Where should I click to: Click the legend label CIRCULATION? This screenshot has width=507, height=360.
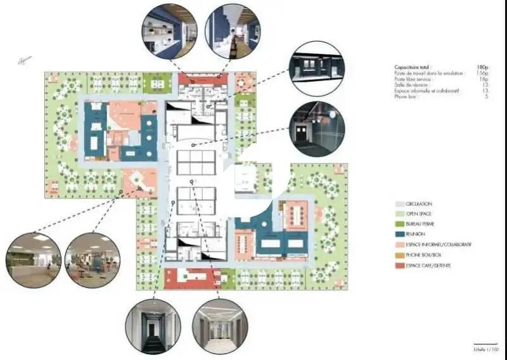(x=420, y=204)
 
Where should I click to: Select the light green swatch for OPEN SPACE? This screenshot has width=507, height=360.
(x=399, y=214)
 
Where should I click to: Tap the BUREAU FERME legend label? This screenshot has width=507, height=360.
(x=421, y=224)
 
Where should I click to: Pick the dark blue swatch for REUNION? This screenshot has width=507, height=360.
(x=399, y=235)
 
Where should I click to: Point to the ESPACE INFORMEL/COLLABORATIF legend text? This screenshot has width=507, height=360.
(x=438, y=245)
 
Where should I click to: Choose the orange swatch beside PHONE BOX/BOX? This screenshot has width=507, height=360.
(x=399, y=255)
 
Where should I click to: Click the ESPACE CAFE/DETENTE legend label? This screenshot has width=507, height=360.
(x=428, y=265)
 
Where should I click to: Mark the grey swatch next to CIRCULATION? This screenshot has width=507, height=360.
(x=399, y=204)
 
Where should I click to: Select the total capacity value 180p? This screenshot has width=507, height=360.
(x=481, y=67)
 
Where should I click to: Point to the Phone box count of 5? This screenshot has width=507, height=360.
(x=485, y=97)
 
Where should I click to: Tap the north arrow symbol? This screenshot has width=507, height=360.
(x=25, y=61)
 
